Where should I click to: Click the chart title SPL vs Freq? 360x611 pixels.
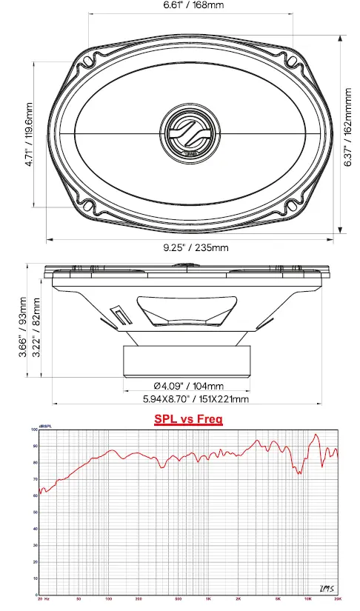188,418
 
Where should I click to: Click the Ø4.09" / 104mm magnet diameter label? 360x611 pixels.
188,386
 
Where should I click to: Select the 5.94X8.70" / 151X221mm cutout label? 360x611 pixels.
196,399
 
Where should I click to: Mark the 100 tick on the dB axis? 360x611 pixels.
33,430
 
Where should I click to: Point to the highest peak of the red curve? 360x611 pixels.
316,435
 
